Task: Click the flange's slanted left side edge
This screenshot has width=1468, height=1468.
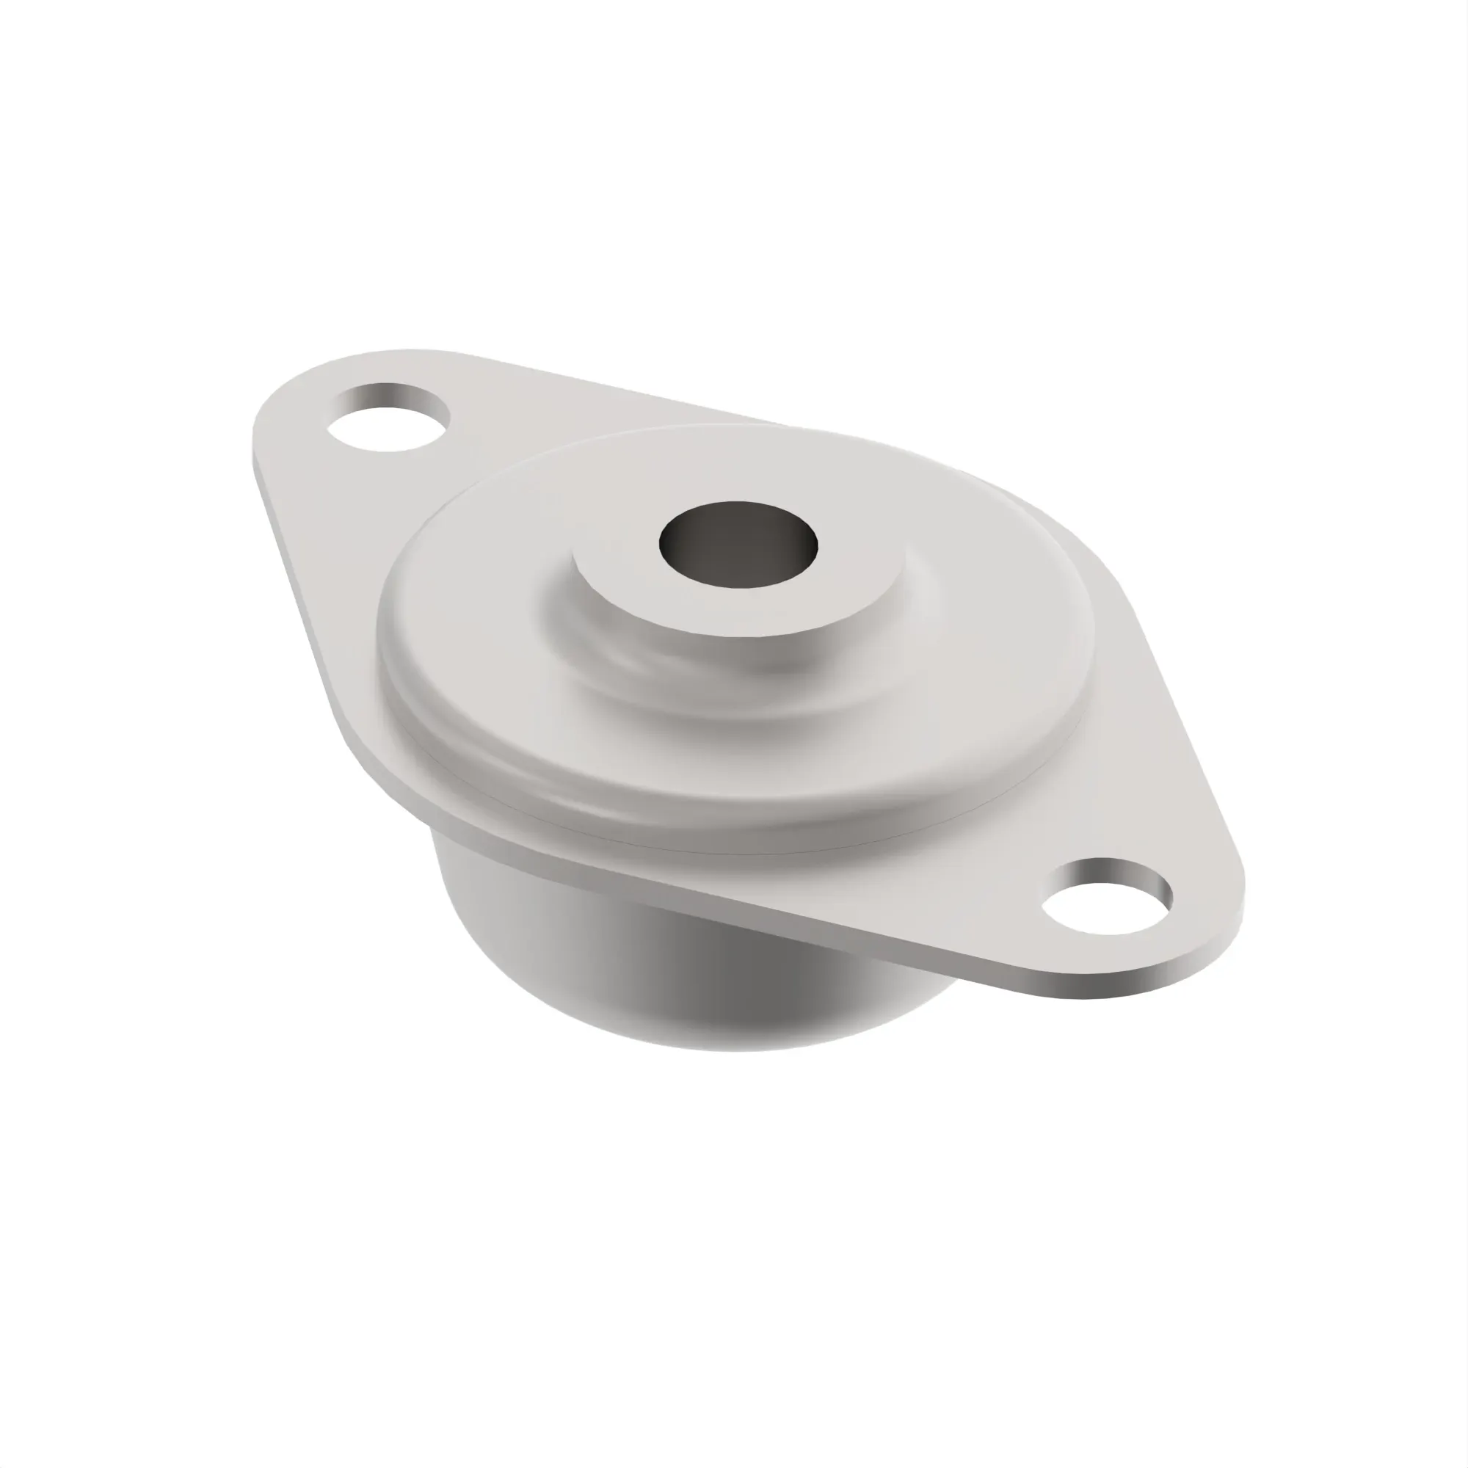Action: pyautogui.click(x=304, y=570)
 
